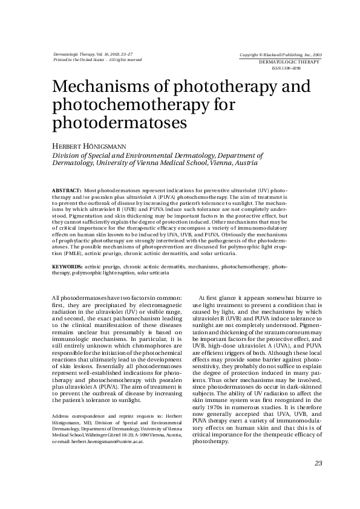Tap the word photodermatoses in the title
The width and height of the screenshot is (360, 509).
pos(117,123)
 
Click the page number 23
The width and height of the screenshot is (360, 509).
pos(318,463)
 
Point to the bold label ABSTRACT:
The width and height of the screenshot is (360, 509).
pos(67,190)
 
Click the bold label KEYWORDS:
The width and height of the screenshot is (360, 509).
pos(67,266)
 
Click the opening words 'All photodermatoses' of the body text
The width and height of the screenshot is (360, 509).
pos(79,298)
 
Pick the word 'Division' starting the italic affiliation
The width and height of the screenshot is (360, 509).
pos(66,155)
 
